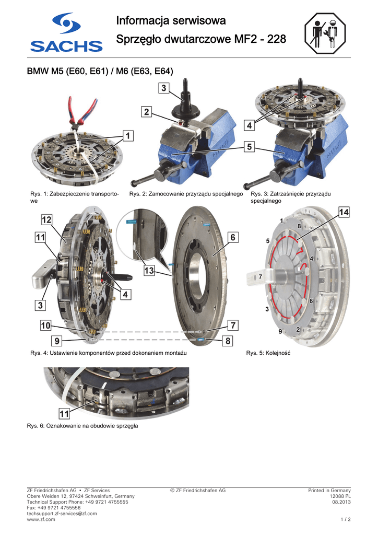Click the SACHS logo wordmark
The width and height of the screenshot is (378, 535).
click(66, 46)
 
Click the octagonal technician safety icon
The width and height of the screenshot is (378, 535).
click(325, 33)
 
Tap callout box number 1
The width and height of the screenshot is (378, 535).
click(128, 136)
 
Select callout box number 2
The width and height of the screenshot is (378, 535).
click(147, 112)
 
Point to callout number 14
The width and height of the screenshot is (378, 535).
click(344, 212)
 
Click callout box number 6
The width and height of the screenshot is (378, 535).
click(233, 237)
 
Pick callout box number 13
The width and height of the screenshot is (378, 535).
click(149, 271)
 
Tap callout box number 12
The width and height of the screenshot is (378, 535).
click(46, 220)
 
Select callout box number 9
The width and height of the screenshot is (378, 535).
click(57, 341)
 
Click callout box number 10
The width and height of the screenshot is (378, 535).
click(45, 325)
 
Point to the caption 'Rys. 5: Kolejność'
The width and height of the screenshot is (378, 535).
click(268, 353)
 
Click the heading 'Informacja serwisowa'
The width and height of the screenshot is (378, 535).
click(171, 20)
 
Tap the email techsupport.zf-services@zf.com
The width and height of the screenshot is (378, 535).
click(62, 514)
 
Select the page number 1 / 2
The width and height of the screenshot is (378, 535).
click(346, 519)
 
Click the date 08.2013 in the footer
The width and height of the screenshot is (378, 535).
click(341, 502)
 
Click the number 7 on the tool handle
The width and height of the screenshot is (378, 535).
click(261, 277)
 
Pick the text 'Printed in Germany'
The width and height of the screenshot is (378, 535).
click(329, 490)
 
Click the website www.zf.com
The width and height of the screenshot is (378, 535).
click(41, 519)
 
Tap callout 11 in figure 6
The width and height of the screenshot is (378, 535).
click(64, 414)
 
